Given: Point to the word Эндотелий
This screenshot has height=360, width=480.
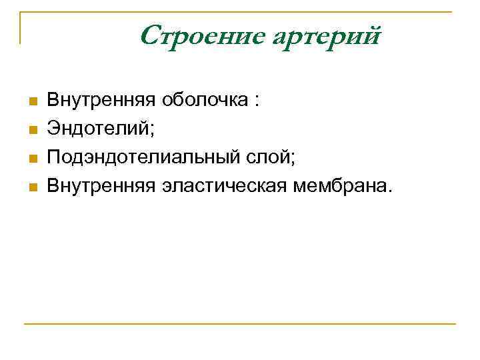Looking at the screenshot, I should pos(98,129).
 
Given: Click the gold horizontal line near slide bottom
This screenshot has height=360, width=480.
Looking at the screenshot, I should pos(240,324).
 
